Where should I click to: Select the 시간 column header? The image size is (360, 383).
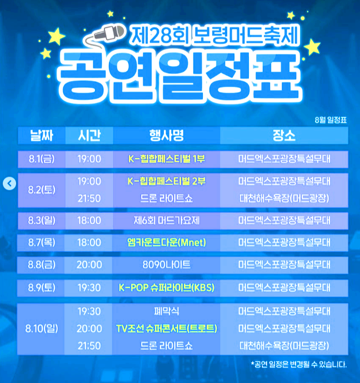click(x=89, y=135)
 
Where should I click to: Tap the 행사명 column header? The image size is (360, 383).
click(x=166, y=135)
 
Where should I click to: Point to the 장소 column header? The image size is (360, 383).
click(x=283, y=135)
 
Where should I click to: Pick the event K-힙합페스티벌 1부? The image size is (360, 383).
click(x=166, y=159)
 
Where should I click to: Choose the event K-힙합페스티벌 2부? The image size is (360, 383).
click(x=166, y=181)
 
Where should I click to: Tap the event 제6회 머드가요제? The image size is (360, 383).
click(x=166, y=220)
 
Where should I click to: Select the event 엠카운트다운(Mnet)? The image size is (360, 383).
click(x=166, y=242)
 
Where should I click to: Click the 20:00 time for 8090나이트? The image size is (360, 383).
click(x=89, y=265)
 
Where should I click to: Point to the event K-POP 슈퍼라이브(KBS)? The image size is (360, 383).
click(x=166, y=288)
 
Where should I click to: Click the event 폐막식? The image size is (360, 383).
click(x=166, y=311)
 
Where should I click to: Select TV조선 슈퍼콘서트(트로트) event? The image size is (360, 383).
click(x=166, y=328)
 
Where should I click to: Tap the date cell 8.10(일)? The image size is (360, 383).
click(x=42, y=328)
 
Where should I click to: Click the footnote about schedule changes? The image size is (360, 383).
click(x=299, y=365)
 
